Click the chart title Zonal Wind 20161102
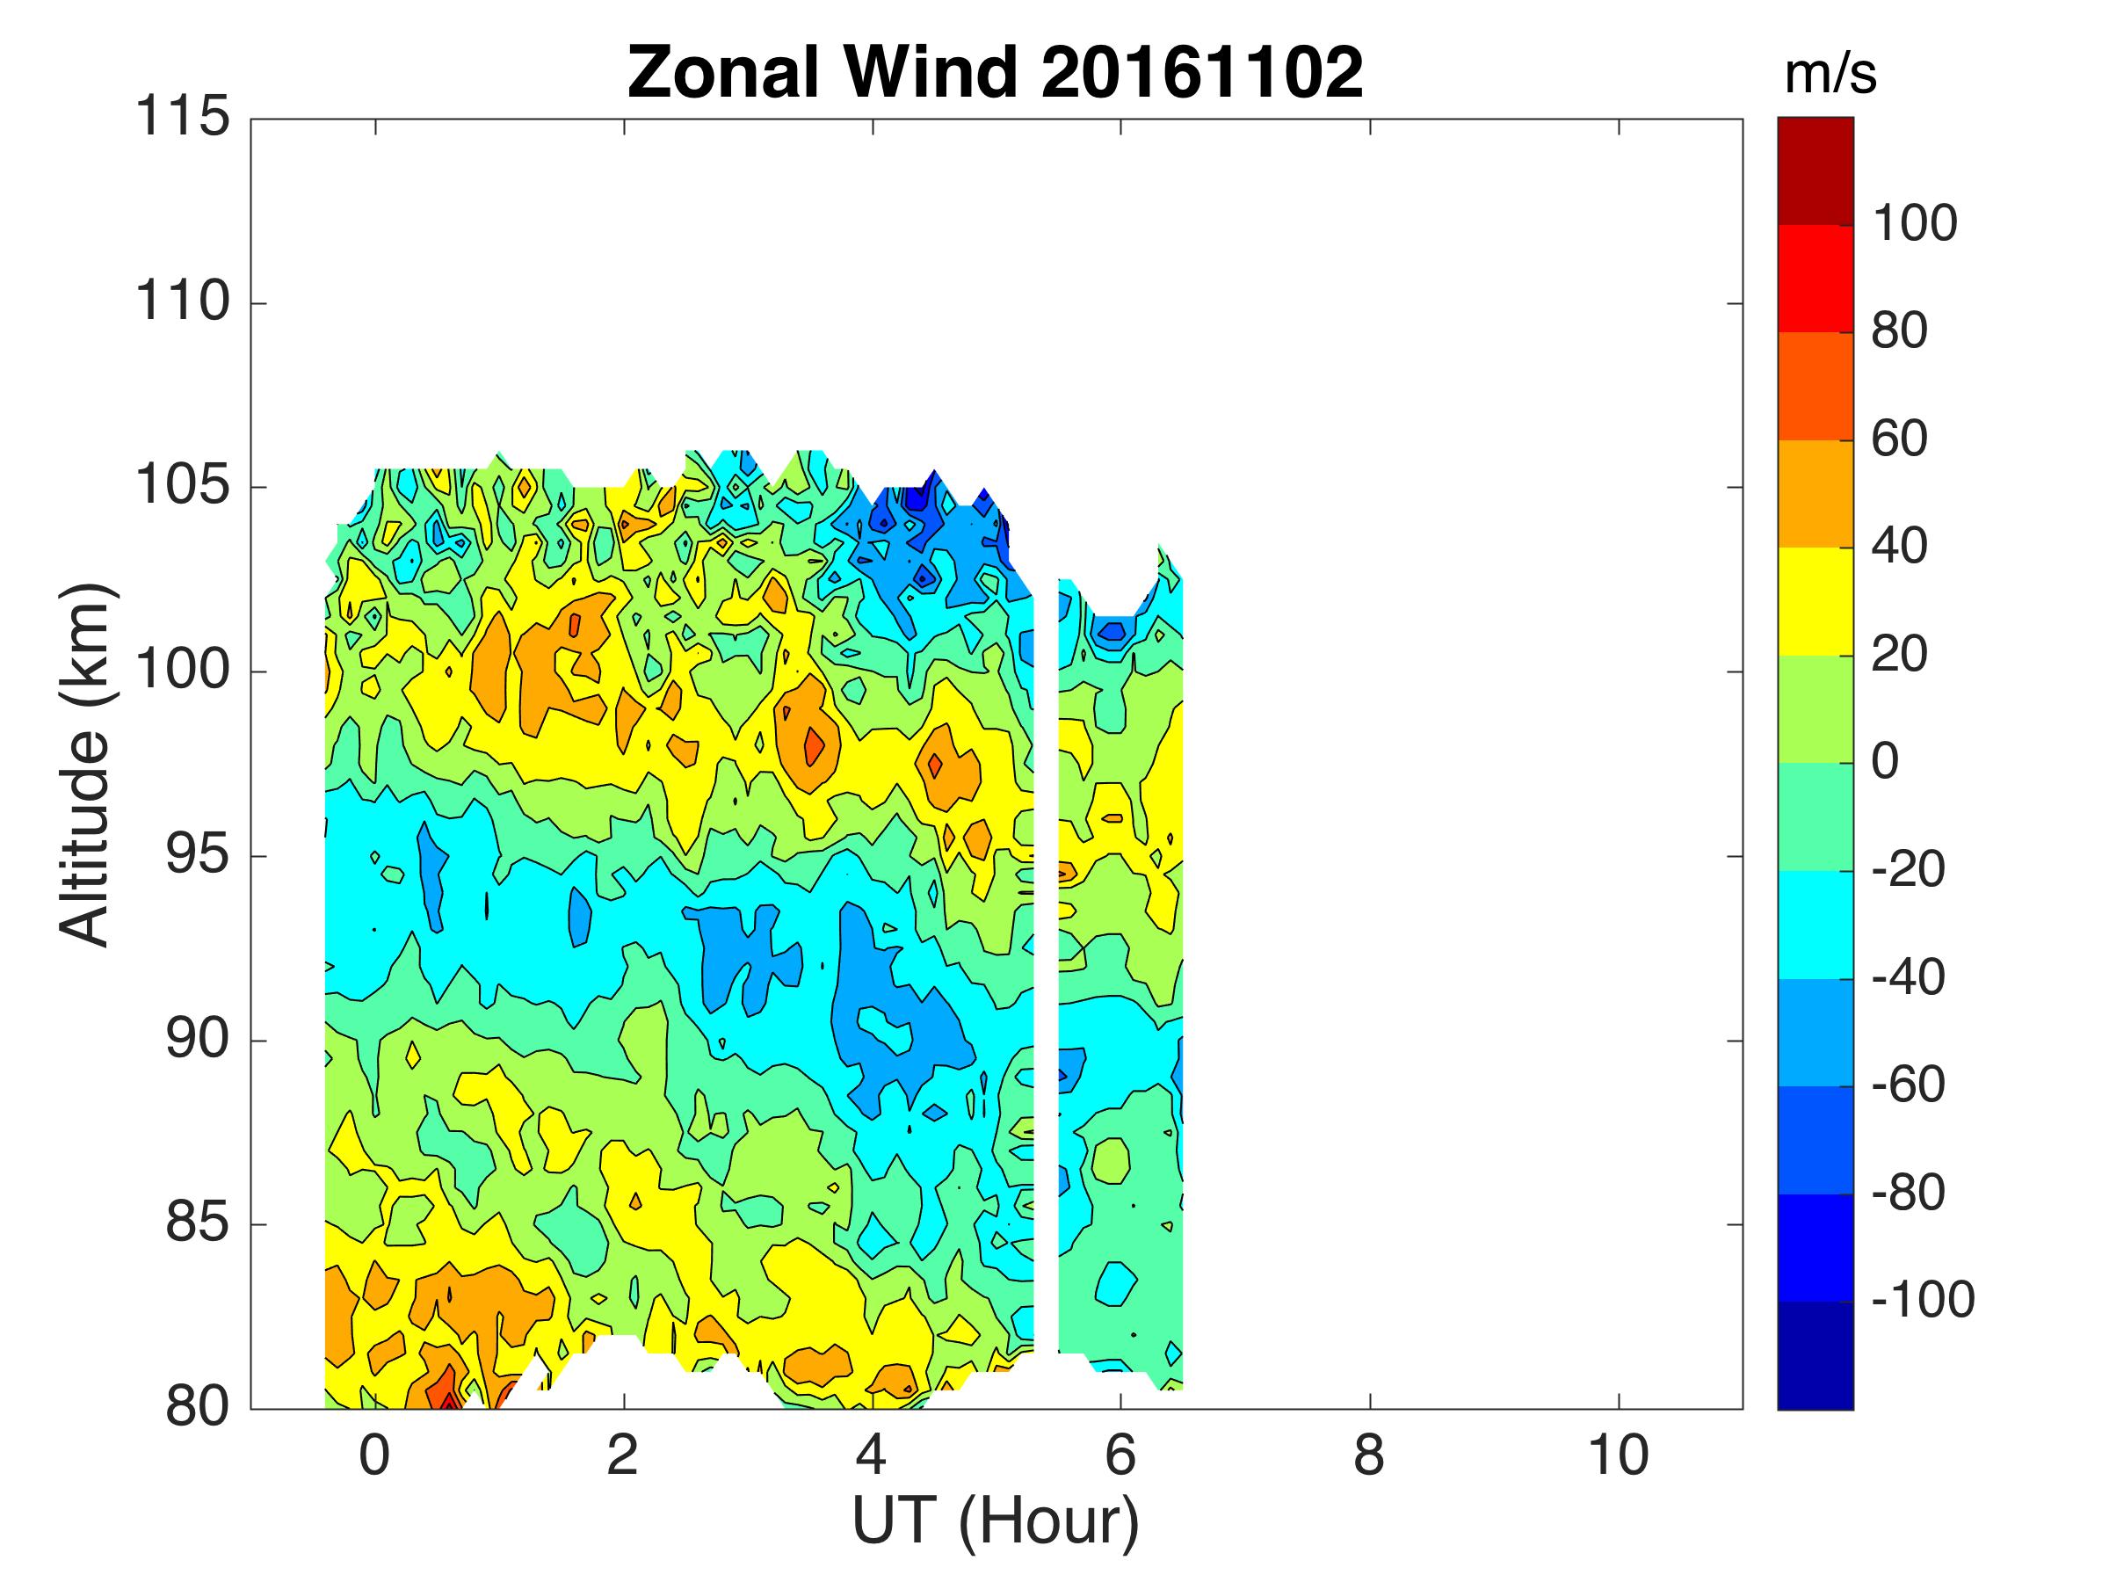tap(996, 72)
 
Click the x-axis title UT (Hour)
tap(996, 1521)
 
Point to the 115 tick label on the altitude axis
tap(182, 119)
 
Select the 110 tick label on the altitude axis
tap(182, 302)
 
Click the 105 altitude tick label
tap(182, 486)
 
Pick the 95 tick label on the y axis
tap(198, 855)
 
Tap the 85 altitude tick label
tap(198, 1223)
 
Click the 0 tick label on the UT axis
tap(374, 1456)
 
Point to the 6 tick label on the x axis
tap(1120, 1456)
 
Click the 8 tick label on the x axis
tap(1369, 1456)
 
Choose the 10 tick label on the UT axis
tap(1618, 1456)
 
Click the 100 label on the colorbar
tap(1915, 224)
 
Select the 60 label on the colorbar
tap(1899, 439)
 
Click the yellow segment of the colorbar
tap(1815, 601)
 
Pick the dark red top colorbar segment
tap(1815, 171)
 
